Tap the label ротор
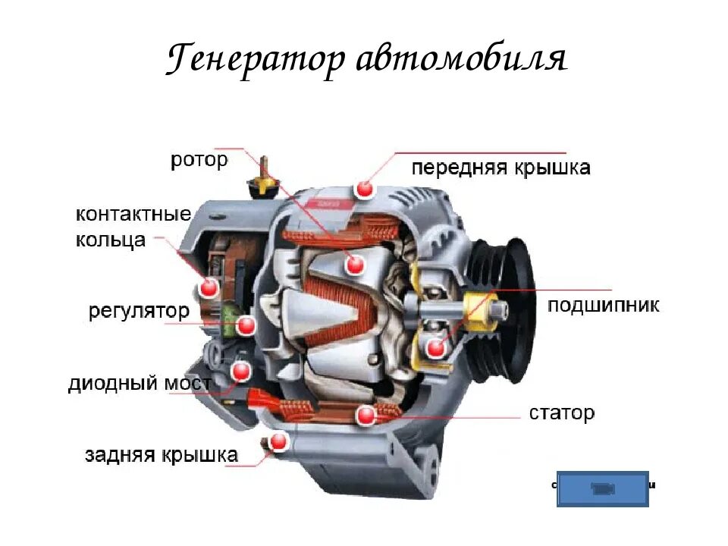199,160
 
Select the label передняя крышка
500,168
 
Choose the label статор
562,413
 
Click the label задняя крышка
162,455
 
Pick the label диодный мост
140,384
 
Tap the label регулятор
139,311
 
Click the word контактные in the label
133,214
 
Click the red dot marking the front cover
366,189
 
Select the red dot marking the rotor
353,264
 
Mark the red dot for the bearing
435,348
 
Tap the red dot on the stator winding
366,415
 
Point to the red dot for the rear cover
280,441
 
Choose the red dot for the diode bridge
241,372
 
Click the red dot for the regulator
245,327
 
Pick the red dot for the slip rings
209,287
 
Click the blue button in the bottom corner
603,488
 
